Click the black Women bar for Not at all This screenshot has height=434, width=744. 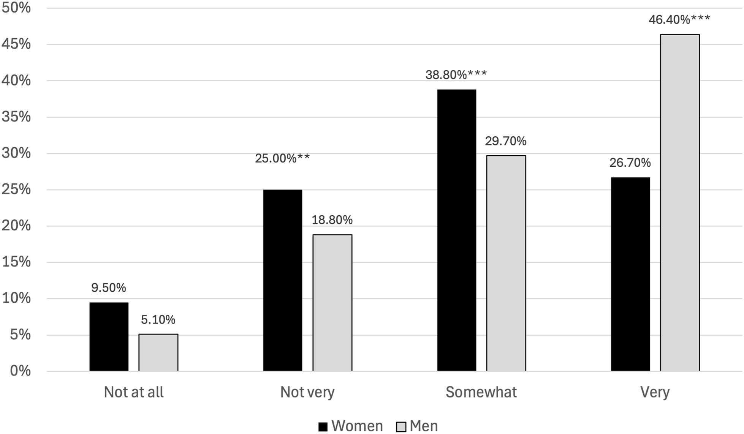(109, 336)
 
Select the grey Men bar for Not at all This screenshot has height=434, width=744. (158, 352)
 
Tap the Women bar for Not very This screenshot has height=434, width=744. (282, 280)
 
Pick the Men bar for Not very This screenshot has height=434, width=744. (332, 303)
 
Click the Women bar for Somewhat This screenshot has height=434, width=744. (456, 230)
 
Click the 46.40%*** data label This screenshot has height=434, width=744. (679, 19)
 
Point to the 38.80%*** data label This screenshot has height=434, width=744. (456, 75)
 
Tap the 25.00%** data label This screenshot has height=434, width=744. (282, 158)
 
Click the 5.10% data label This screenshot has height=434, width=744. (158, 320)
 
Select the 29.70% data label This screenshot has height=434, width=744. (505, 141)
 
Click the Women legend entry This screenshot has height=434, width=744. (351, 426)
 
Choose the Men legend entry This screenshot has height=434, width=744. (417, 426)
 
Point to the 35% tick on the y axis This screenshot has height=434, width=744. (16, 117)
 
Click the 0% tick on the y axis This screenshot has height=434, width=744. (20, 371)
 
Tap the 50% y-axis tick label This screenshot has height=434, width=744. (16, 8)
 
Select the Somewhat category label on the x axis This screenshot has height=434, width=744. (481, 392)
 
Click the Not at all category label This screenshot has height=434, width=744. (133, 392)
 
